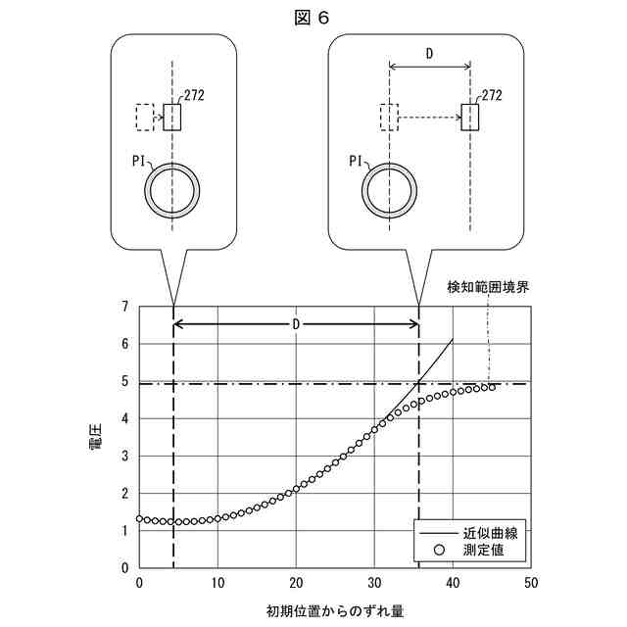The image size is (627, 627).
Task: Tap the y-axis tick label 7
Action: tap(124, 307)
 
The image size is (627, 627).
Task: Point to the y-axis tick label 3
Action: tap(124, 456)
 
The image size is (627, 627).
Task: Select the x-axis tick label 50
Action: tap(530, 582)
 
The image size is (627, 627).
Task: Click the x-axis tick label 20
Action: tap(295, 582)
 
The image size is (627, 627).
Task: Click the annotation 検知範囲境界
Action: tap(488, 287)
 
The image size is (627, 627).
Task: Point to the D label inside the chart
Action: tap(296, 323)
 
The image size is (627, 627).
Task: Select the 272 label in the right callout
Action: tap(493, 94)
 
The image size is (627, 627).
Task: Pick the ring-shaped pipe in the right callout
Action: tap(390, 185)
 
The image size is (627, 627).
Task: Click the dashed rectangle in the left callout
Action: tap(145, 118)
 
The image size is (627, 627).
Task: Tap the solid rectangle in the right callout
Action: tap(470, 118)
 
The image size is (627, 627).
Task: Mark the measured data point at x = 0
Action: tap(139, 518)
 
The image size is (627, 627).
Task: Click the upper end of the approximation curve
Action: tap(453, 340)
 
